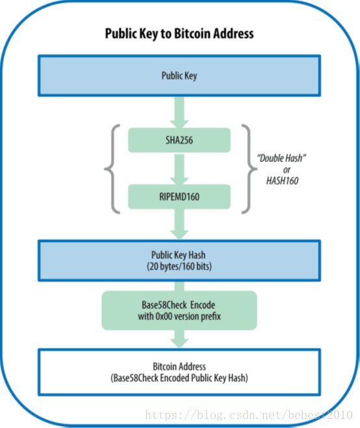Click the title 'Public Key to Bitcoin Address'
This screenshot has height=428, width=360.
tap(179, 34)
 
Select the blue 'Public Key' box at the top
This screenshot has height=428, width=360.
tap(179, 75)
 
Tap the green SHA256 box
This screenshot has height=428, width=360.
tap(179, 140)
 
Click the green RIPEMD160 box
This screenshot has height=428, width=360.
tap(179, 197)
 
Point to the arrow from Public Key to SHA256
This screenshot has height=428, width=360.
tap(179, 112)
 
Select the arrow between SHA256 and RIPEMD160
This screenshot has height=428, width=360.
tap(179, 169)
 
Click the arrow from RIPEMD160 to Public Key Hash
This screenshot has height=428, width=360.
tap(179, 224)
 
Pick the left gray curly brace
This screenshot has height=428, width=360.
tap(112, 169)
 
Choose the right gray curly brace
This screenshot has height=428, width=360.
tap(250, 169)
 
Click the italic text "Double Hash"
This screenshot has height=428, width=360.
tap(281, 158)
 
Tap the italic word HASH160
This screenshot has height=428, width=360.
tap(282, 181)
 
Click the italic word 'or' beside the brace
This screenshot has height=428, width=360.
tap(287, 170)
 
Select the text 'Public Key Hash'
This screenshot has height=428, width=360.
tap(178, 255)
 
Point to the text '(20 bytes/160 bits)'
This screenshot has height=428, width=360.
tap(179, 267)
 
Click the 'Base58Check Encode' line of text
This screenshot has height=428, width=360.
tap(178, 304)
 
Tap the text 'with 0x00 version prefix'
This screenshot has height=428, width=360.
tap(179, 316)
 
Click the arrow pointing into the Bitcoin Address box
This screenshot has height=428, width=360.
tap(179, 340)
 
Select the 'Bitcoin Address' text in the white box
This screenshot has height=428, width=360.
tap(179, 366)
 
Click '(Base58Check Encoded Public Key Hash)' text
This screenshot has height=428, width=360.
tap(179, 378)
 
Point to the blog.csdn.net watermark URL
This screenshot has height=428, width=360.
tap(249, 415)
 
